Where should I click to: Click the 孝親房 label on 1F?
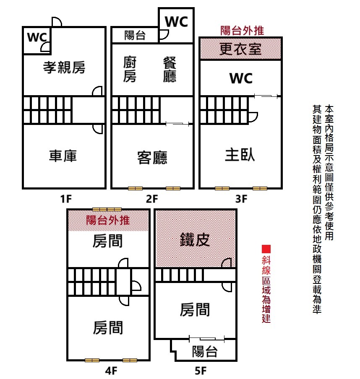click(64, 67)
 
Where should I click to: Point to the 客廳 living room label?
click(152, 158)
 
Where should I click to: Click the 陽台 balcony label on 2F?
click(135, 36)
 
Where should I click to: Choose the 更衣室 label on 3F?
click(240, 49)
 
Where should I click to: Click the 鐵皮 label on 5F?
click(195, 240)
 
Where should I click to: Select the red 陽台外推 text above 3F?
click(242, 30)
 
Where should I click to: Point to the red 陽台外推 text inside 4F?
click(108, 220)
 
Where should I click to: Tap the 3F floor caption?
click(241, 199)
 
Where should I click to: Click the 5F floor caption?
click(201, 371)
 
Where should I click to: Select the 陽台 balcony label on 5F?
click(205, 351)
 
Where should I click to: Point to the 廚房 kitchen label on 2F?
click(130, 70)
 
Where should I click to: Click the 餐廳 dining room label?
click(170, 70)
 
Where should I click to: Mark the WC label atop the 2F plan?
click(177, 22)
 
